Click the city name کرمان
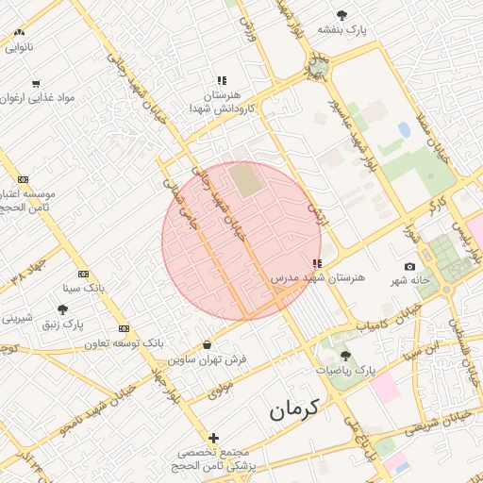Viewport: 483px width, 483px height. (293, 409)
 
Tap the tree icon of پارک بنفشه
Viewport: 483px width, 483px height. (341, 14)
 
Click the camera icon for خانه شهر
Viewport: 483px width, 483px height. (409, 267)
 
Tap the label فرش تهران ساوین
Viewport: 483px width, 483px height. (208, 359)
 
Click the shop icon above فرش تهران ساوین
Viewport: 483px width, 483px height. (207, 344)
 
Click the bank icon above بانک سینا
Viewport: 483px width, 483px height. (83, 273)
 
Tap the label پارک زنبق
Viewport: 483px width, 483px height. (64, 324)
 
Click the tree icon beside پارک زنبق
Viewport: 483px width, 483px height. (63, 308)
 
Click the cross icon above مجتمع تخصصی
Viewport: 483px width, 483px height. (213, 438)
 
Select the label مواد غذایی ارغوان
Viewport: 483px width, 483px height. (39, 97)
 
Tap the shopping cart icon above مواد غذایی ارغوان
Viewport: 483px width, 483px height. (36, 83)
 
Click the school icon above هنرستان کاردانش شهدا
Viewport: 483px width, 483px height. (221, 81)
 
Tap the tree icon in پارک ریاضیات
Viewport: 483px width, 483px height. (345, 355)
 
